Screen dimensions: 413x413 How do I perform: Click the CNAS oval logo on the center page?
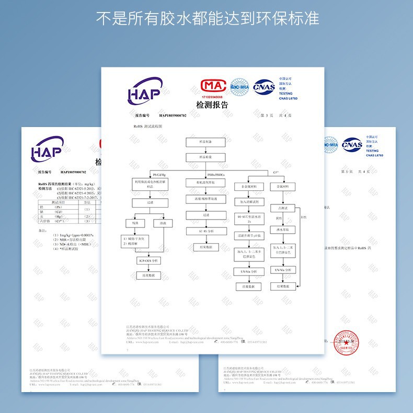click(x=264, y=87)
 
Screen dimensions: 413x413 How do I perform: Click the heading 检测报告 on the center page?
click(x=212, y=106)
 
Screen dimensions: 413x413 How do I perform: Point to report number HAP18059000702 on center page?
click(x=173, y=115)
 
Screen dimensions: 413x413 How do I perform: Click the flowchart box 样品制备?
click(x=205, y=142)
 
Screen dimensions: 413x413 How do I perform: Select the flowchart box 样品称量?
click(x=205, y=157)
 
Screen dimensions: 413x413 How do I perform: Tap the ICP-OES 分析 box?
click(x=148, y=260)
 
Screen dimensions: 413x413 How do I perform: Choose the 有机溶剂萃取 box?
click(x=205, y=182)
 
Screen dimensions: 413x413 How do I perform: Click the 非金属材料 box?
click(x=248, y=187)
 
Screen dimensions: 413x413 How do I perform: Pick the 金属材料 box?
click(x=282, y=187)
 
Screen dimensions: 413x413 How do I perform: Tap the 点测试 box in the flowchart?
click(x=282, y=208)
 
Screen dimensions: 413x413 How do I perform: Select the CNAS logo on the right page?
click(x=352, y=144)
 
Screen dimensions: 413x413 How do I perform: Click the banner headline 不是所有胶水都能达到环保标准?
click(x=208, y=19)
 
